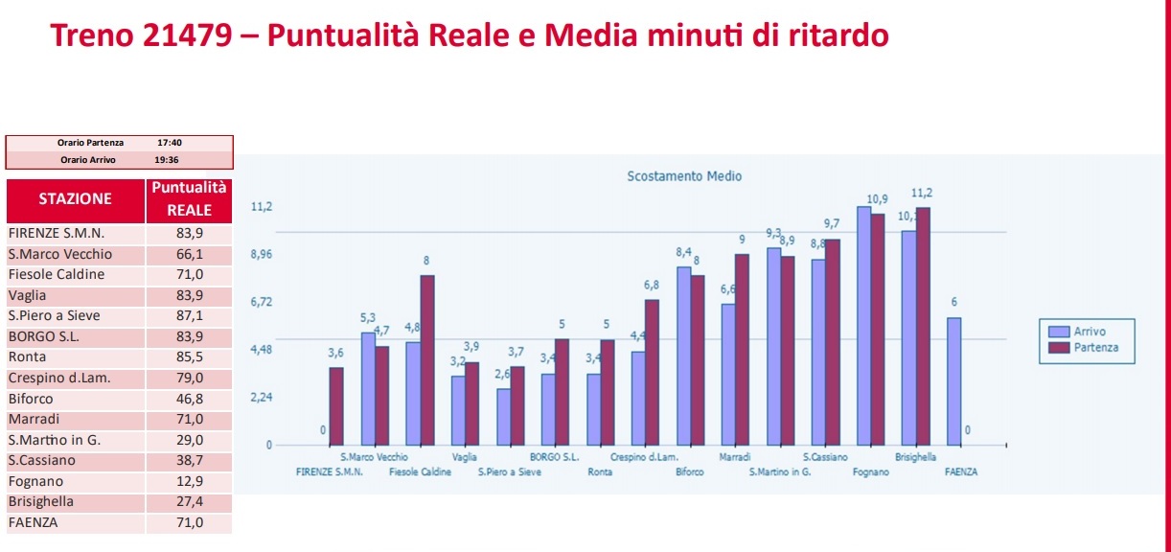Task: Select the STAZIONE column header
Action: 75,198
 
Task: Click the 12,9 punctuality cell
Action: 189,481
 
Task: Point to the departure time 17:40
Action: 170,143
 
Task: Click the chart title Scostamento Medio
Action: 684,176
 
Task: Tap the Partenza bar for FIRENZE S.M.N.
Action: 336,405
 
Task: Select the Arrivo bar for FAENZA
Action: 953,380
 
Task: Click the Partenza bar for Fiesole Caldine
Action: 426,359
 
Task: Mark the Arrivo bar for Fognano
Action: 863,326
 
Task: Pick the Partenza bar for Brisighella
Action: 923,326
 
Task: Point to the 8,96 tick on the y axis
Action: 262,255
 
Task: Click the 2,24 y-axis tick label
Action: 262,398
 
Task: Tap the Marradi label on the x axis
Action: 734,457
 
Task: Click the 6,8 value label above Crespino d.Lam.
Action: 652,286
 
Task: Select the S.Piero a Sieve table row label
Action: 54,315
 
